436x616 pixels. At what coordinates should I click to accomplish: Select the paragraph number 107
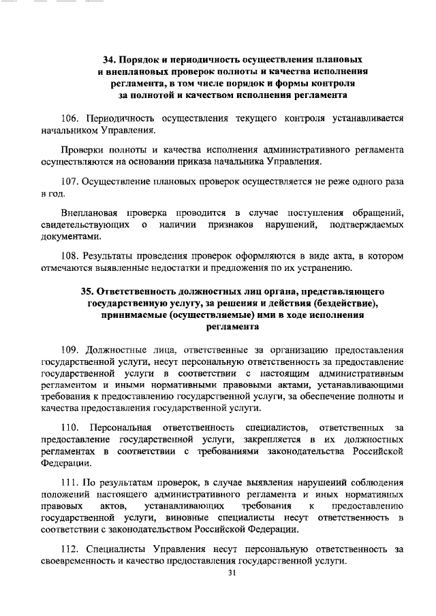point(72,182)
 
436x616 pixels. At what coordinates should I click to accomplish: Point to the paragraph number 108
point(72,257)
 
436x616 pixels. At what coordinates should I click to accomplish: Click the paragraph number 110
point(72,427)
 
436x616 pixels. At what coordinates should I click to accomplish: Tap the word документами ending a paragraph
point(71,237)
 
